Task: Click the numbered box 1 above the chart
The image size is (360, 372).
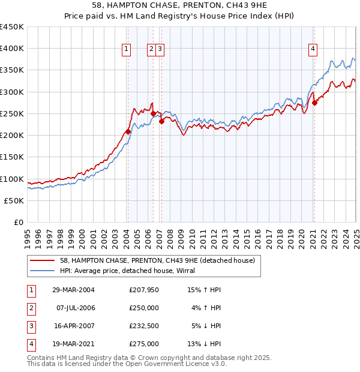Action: point(127,50)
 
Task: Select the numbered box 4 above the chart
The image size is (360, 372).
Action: point(313,50)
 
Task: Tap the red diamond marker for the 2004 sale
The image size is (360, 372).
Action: point(128,131)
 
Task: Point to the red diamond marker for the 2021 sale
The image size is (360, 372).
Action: point(315,103)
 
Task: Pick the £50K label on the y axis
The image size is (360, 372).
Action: point(14,200)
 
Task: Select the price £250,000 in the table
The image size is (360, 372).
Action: point(144,307)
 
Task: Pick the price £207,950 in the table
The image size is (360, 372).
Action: point(144,290)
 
